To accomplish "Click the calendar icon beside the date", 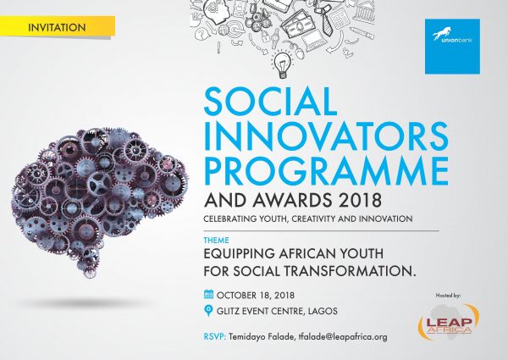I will [208, 295].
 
